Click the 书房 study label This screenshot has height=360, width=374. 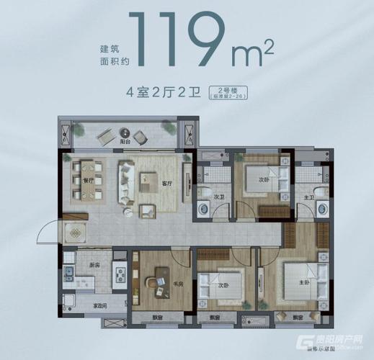(x=176, y=283)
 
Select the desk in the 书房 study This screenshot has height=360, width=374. (x=157, y=276)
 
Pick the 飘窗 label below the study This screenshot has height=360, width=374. (x=157, y=317)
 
